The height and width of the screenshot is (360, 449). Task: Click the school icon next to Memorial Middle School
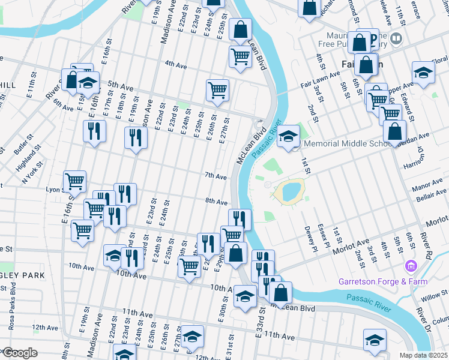[x=288, y=136]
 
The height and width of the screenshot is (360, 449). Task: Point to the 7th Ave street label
[x=215, y=176]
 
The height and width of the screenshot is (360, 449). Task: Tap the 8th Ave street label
[x=216, y=202]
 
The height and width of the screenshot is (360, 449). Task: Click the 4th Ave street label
[x=177, y=64]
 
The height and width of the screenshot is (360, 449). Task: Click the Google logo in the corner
[x=20, y=353]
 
